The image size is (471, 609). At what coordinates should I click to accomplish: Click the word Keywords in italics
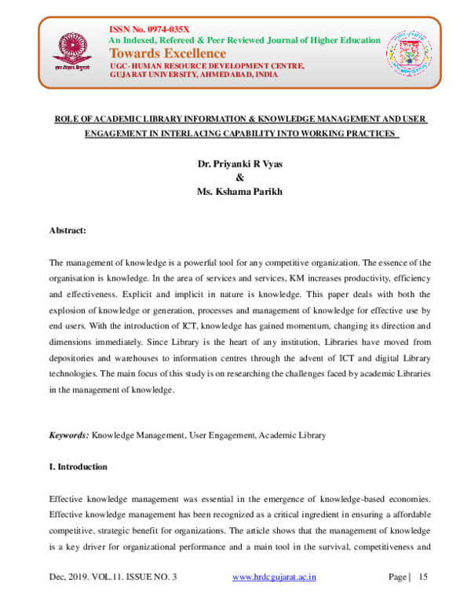[x=69, y=435]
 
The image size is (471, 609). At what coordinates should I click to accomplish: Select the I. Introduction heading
[x=78, y=467]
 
